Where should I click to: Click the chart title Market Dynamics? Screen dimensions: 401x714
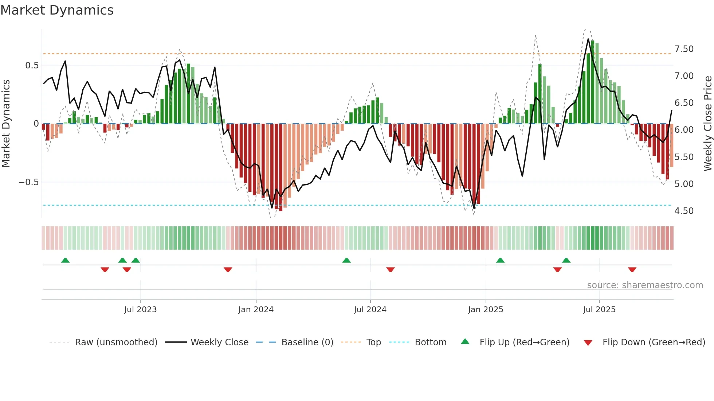coord(57,10)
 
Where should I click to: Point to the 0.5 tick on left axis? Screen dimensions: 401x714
coord(32,65)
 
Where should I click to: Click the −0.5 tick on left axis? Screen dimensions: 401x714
coord(29,182)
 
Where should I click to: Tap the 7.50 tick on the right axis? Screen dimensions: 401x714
coord(684,49)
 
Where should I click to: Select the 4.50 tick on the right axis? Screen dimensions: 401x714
coord(684,211)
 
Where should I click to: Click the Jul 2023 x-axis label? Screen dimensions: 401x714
coord(140,310)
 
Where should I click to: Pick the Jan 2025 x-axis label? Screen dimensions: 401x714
coord(485,310)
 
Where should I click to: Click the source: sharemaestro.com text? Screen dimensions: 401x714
coord(645,285)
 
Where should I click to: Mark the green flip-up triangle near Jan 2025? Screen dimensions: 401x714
coord(500,261)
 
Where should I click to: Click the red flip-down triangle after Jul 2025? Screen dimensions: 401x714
coord(632,270)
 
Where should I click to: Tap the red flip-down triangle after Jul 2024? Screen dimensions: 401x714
coord(391,270)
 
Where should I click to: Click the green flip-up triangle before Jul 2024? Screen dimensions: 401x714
coord(346,261)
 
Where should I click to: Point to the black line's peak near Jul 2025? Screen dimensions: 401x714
coord(588,39)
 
